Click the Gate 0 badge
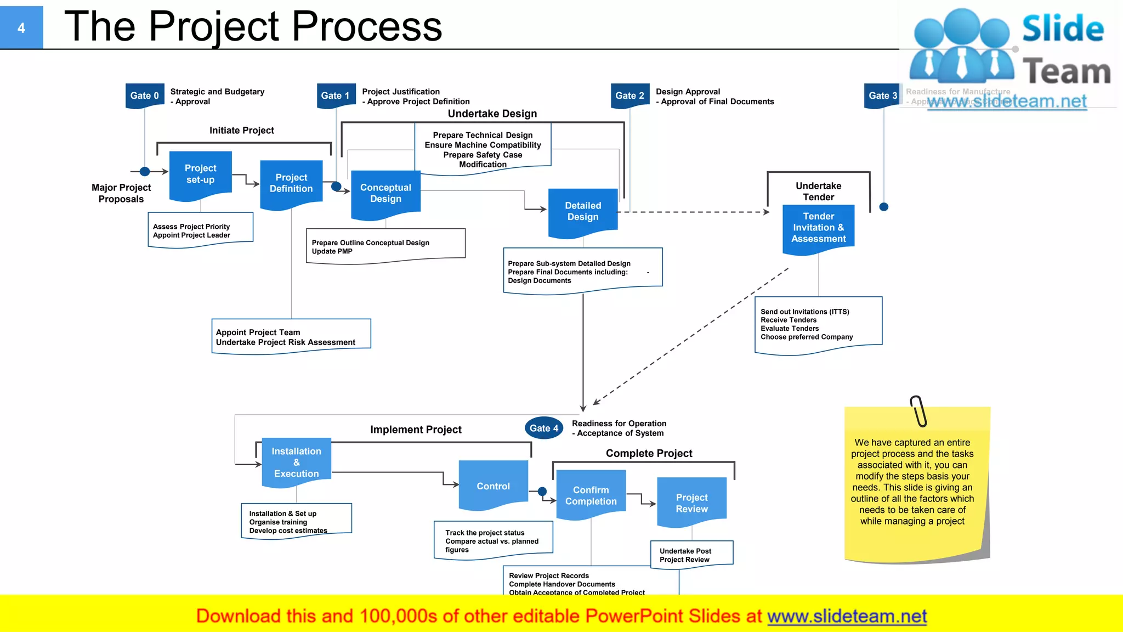pos(144,95)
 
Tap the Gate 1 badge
pos(335,95)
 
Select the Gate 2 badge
pos(629,95)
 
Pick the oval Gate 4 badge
pos(543,428)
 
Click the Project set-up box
pos(200,174)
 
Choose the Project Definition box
pos(291,183)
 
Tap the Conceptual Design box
pos(385,193)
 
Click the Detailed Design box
pos(583,211)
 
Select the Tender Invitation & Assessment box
pos(818,227)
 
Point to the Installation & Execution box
pos(296,462)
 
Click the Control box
pos(493,486)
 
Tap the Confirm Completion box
pos(591,495)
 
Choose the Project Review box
pos(691,503)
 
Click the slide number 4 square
pos(21,27)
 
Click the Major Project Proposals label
pos(121,193)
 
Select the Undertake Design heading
pos(492,114)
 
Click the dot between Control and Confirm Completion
pos(542,491)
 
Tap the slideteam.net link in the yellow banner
pos(847,616)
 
